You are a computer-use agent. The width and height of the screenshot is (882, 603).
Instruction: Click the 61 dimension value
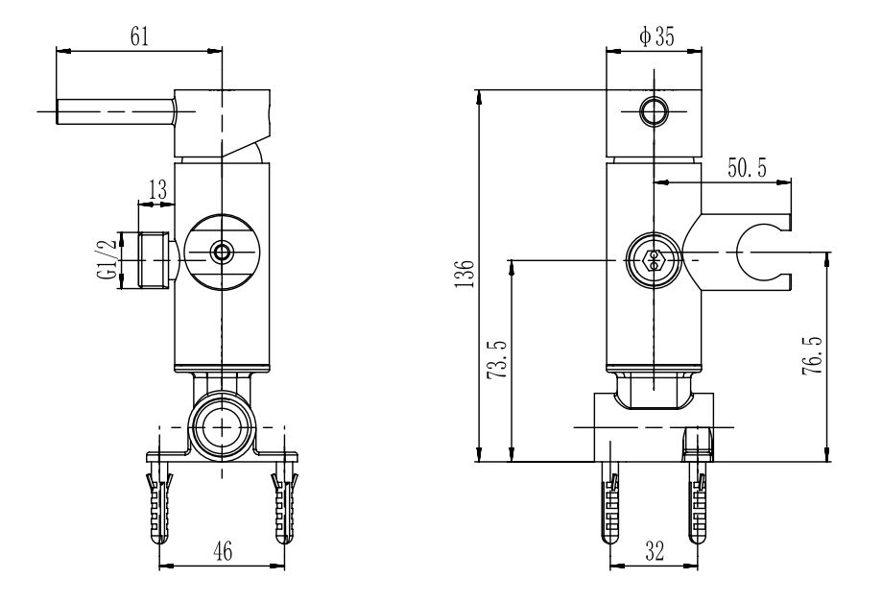pos(139,36)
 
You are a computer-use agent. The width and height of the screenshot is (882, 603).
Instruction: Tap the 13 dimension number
pos(157,190)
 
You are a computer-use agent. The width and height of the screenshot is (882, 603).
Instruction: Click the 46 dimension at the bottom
pos(223,551)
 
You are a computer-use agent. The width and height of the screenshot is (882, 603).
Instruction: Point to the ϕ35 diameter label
pos(656,36)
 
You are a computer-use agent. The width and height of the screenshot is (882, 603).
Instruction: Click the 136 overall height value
pos(465,275)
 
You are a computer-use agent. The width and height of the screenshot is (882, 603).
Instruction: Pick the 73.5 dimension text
pos(497,359)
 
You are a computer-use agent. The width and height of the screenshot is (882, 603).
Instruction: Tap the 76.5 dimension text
pos(812,356)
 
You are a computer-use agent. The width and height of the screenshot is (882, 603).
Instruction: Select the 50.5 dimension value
pos(747,168)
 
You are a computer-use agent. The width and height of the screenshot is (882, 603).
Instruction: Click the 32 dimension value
pos(655,550)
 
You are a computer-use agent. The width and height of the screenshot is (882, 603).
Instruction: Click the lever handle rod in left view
pos(116,111)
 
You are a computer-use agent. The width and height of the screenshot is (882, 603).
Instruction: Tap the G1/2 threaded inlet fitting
pos(153,260)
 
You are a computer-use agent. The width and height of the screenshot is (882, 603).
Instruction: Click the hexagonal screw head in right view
pos(654,260)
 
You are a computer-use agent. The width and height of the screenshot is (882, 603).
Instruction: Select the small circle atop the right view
pos(655,111)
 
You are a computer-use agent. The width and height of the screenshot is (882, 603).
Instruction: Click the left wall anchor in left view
pos(159,503)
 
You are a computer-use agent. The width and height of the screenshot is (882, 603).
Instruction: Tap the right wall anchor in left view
pos(285,503)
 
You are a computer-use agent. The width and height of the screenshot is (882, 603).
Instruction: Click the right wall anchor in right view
pos(698,503)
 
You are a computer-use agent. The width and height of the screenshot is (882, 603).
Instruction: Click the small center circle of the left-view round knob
pos(223,253)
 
